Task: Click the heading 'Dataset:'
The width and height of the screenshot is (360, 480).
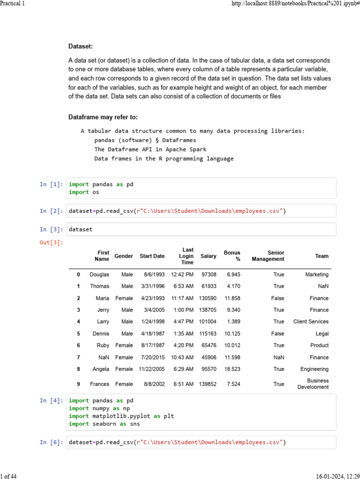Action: click(81, 46)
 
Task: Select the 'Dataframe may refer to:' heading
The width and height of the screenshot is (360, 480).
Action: click(103, 117)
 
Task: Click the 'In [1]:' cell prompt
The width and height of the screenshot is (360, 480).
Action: click(51, 184)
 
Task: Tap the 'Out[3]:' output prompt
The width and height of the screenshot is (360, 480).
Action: click(51, 242)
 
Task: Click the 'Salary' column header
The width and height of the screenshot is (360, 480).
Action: click(208, 256)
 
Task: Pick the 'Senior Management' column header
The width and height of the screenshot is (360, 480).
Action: click(268, 256)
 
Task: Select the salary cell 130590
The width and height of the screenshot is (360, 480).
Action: click(208, 298)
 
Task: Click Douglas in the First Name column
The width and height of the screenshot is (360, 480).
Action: click(99, 275)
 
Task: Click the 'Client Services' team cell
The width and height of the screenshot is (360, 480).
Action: click(311, 322)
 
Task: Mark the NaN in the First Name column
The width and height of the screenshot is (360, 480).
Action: click(104, 357)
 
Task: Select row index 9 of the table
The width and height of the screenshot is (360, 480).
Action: click(78, 384)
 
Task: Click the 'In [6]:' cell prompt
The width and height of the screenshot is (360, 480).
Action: click(51, 442)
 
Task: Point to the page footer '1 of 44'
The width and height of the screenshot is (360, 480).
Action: click(8, 477)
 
